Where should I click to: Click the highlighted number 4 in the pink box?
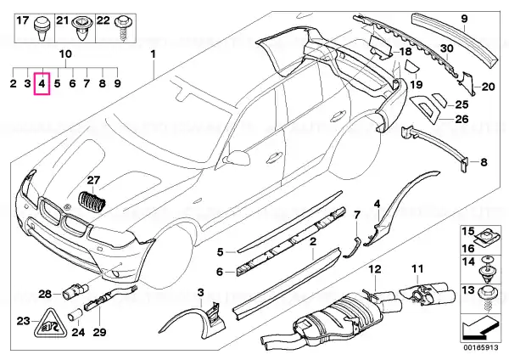click(42, 83)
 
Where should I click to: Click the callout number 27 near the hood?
click(92, 180)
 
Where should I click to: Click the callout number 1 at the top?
click(154, 54)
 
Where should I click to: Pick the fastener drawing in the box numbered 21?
click(84, 32)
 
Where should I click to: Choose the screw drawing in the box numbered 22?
click(128, 32)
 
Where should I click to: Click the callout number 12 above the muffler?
click(374, 270)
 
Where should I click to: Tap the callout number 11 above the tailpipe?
click(417, 270)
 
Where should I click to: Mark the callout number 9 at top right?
click(465, 18)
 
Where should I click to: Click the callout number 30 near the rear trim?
click(446, 48)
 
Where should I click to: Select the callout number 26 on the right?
click(461, 120)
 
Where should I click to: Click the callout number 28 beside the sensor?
click(45, 294)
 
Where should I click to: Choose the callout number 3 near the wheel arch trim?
click(200, 294)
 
